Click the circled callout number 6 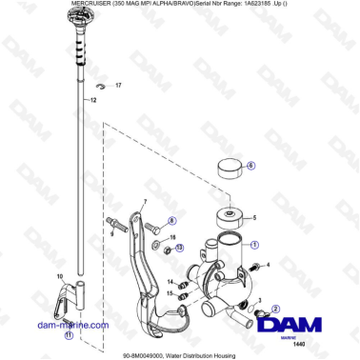pyautogui.click(x=251, y=165)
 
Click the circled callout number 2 pyautogui.click(x=275, y=309)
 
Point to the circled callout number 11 pyautogui.click(x=67, y=334)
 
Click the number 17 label pyautogui.click(x=119, y=86)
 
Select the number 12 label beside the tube pyautogui.click(x=93, y=100)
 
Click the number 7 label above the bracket pyautogui.click(x=146, y=203)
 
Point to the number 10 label pyautogui.click(x=59, y=276)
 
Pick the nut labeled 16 pyautogui.click(x=165, y=251)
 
